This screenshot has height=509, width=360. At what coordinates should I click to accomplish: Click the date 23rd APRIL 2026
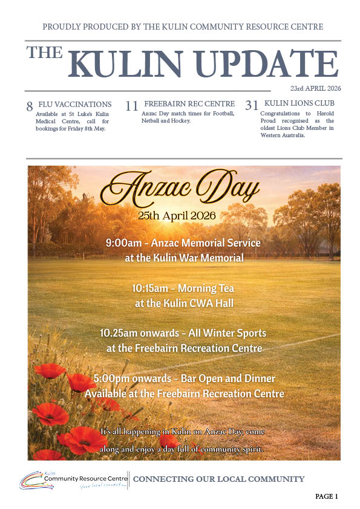point(315,88)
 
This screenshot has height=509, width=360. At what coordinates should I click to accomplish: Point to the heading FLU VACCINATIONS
point(75,104)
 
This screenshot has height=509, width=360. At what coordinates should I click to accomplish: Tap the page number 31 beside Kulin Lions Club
point(252,106)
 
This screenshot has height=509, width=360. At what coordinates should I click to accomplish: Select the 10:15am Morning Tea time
point(148,288)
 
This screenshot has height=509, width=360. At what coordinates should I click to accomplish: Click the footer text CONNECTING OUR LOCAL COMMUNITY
point(218,479)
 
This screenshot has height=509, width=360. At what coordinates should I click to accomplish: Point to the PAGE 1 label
point(326,496)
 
